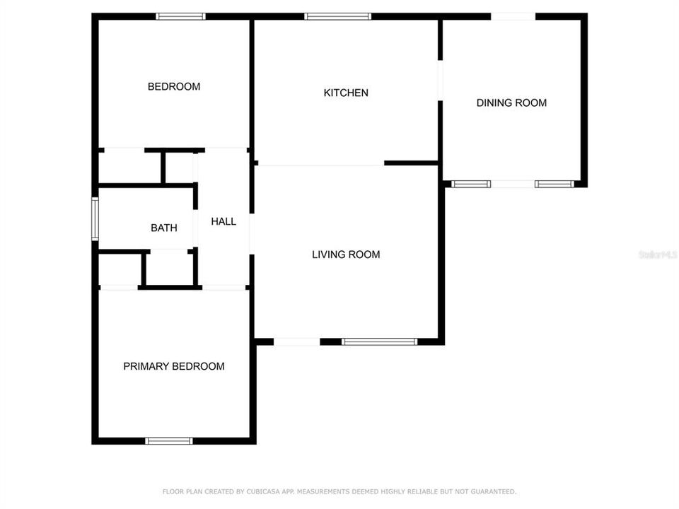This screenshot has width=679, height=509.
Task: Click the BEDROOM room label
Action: pos(173,87)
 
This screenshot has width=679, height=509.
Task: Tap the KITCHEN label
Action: pos(346,93)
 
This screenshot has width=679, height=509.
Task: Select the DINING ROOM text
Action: pos(511,103)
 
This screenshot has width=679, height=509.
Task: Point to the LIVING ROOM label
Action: pos(346,255)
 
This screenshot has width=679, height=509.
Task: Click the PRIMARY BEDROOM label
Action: pos(174,366)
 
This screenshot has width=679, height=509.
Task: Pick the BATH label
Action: pos(163,228)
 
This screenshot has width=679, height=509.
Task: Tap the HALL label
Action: pos(224,221)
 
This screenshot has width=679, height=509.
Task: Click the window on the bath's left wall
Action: pos(95,219)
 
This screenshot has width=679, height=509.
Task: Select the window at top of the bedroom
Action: pos(180,16)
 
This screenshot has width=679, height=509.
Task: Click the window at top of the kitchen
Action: pos(337,16)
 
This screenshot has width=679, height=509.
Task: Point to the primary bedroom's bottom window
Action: pos(168,441)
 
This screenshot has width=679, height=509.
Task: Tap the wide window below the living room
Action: pos(379,342)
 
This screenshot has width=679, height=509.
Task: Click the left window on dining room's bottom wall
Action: pos(471,185)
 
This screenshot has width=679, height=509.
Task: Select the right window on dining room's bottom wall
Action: pos(552,185)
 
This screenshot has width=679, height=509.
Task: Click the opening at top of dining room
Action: pos(513,16)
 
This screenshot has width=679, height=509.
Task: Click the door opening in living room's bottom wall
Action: pos(296,342)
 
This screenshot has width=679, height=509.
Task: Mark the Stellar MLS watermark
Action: pos(657,254)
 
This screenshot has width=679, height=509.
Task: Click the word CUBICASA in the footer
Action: pos(253,491)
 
